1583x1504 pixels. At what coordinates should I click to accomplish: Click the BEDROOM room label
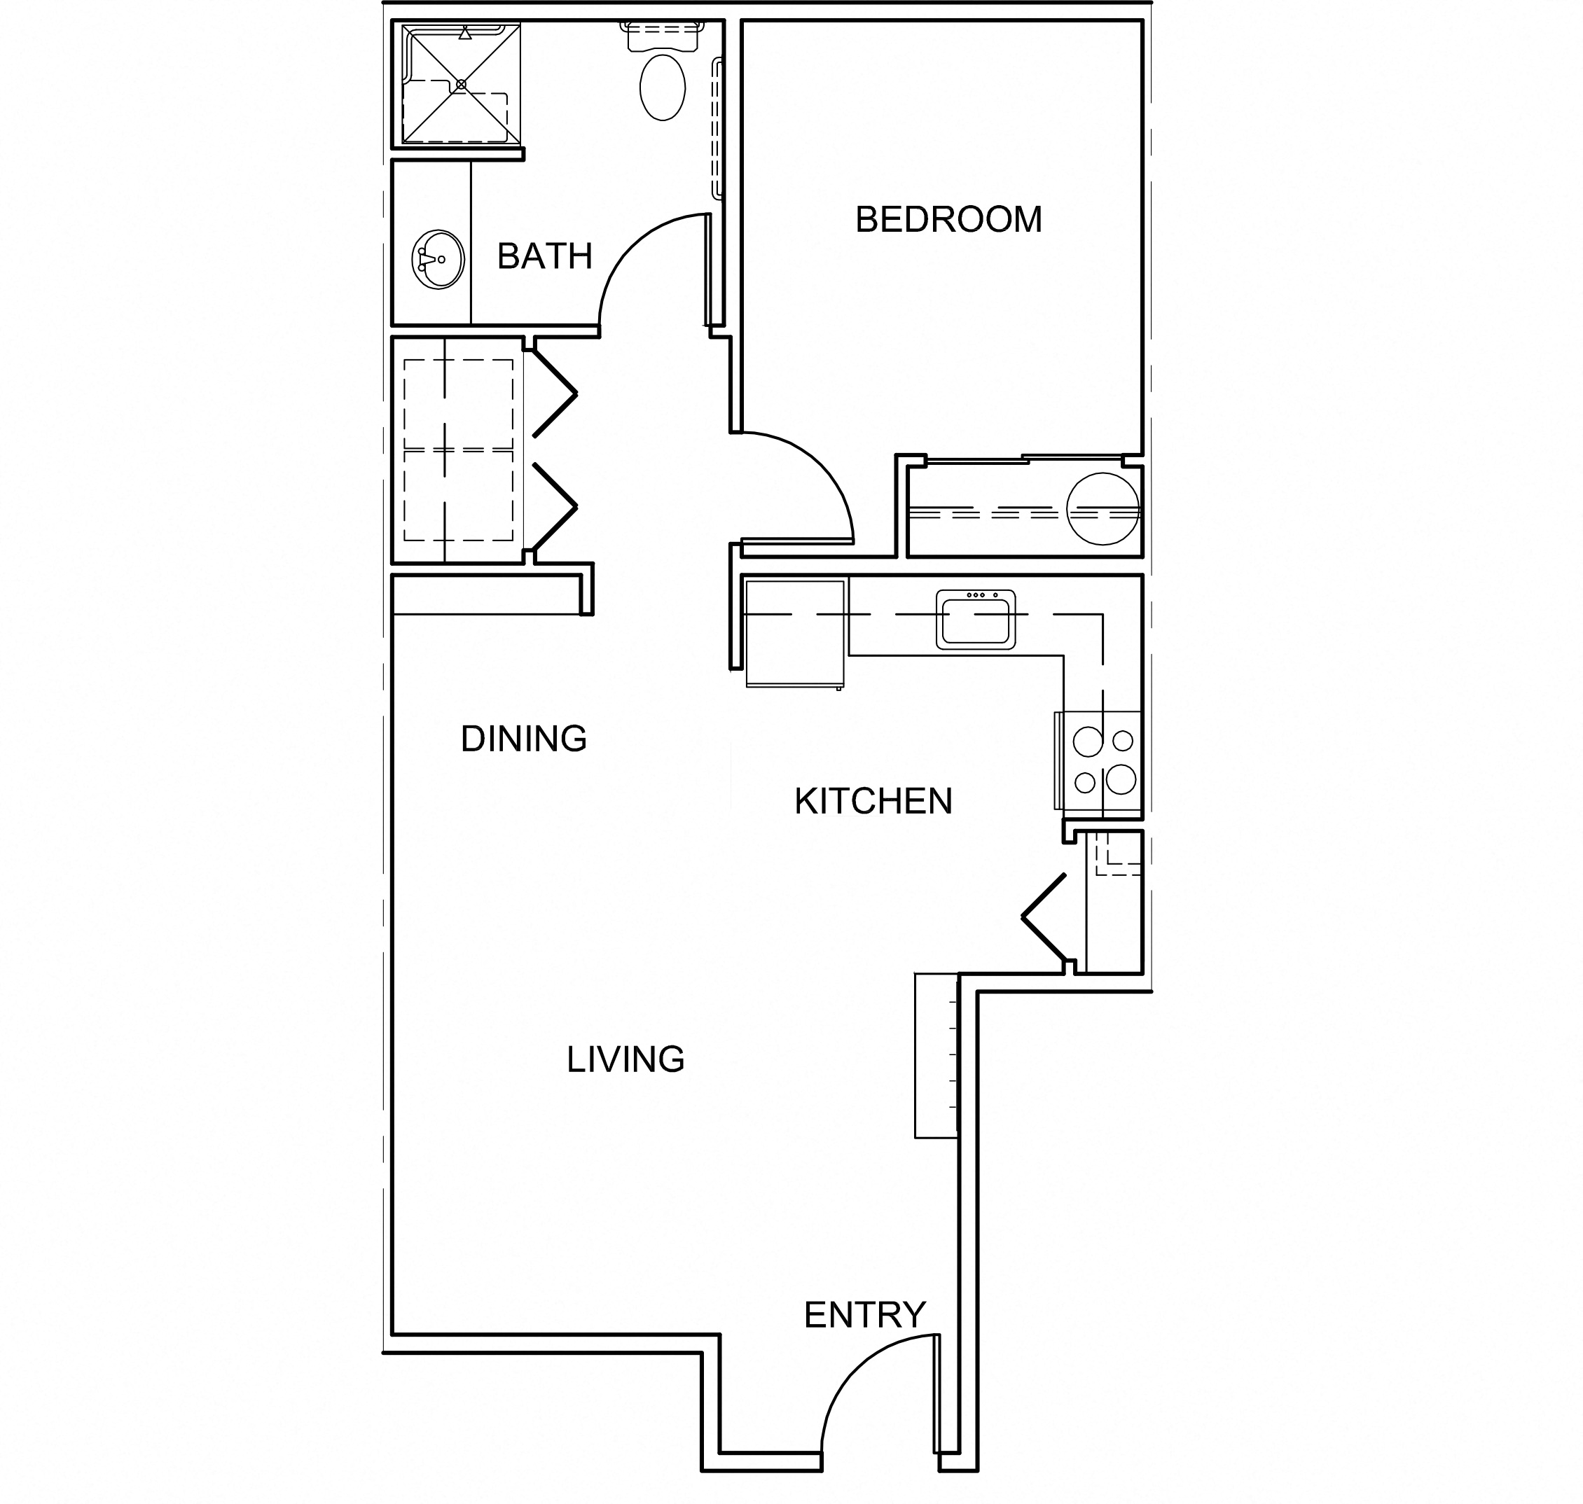[x=948, y=220]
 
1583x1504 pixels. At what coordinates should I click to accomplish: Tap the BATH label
[x=544, y=256]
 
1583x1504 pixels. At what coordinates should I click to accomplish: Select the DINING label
[x=524, y=739]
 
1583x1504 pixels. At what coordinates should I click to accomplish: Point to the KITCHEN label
[x=873, y=801]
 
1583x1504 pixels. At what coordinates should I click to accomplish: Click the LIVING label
[x=625, y=1059]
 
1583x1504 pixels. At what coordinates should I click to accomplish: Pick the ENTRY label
[x=864, y=1315]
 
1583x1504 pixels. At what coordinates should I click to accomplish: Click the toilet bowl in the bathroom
[x=663, y=88]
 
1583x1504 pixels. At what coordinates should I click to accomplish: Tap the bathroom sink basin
[x=438, y=259]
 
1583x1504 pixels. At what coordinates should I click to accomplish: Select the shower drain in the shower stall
[x=460, y=84]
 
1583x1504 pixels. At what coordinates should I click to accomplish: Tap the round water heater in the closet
[x=1102, y=509]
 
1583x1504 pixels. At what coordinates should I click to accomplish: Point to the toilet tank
[x=663, y=37]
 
